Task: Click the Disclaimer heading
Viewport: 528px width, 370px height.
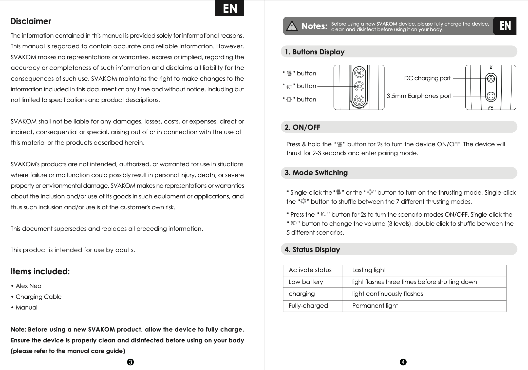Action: click(x=31, y=21)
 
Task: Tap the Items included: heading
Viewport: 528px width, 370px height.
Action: click(x=40, y=272)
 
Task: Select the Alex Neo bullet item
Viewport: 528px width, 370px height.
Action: click(x=28, y=286)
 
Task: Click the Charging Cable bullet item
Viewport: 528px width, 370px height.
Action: click(x=39, y=297)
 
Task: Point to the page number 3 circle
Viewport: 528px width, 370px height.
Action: click(x=130, y=362)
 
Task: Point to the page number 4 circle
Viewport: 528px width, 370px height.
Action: click(x=403, y=362)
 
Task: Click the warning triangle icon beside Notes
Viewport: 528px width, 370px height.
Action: click(x=292, y=26)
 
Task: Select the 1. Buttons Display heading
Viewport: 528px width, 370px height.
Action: click(x=314, y=52)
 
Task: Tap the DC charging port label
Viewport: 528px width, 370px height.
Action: click(x=427, y=78)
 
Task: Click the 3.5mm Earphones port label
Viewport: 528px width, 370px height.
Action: click(x=419, y=96)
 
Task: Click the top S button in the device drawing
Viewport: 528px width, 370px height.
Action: click(x=359, y=73)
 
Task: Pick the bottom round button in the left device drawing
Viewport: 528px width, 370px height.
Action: click(x=359, y=99)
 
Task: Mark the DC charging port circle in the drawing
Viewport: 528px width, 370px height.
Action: click(x=491, y=79)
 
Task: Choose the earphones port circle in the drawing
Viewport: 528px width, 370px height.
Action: click(x=491, y=96)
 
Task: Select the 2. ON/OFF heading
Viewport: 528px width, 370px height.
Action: click(x=302, y=127)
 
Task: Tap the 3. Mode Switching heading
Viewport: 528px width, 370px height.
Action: click(x=316, y=173)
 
